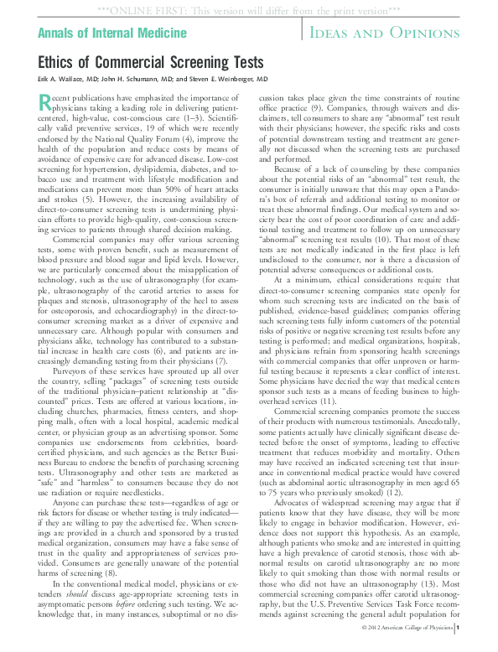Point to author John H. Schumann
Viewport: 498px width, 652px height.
tap(143, 79)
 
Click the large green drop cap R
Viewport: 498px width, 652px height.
tap(47, 103)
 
